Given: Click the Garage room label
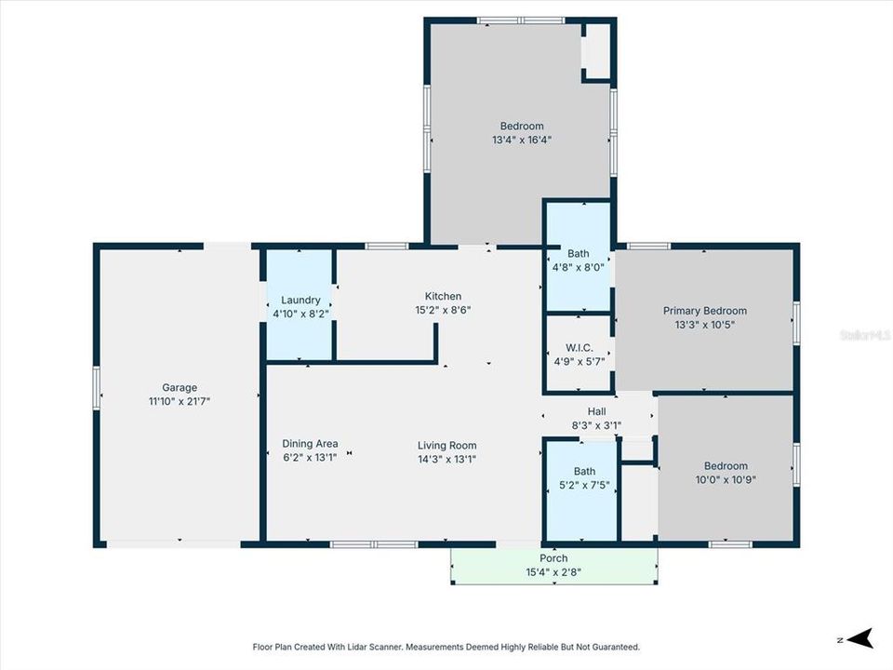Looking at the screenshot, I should [x=180, y=388].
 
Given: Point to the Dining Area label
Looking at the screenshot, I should [x=310, y=444].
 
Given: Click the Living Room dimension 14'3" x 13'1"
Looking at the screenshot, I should [x=446, y=458].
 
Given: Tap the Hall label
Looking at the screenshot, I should [x=596, y=411].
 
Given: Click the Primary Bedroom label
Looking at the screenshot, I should [x=704, y=311].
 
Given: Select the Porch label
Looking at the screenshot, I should [x=553, y=558].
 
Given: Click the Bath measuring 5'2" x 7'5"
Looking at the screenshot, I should [x=584, y=472].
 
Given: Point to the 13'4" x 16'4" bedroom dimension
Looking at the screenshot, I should [x=522, y=140].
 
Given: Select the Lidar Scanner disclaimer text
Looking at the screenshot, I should [x=446, y=647].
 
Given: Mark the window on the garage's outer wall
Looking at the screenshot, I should [x=96, y=387].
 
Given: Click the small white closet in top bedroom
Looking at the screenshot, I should [x=595, y=50].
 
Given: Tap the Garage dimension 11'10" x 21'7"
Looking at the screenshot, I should [x=180, y=401].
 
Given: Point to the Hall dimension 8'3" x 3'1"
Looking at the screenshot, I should [x=596, y=424].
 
